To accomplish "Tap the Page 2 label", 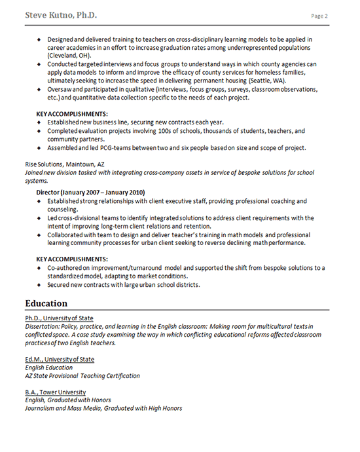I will point(319,16).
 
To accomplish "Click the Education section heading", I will point(46,303).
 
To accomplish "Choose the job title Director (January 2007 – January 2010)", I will point(90,193).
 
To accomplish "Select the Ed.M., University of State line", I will point(60,359).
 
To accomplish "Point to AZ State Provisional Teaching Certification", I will point(82,375).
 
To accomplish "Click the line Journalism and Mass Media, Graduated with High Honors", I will point(103,408).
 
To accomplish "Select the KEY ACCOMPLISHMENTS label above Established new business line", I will point(72,114).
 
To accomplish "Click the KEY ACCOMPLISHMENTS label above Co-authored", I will point(72,259).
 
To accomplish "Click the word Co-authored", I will point(67,268).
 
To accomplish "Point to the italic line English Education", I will point(48,367).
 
